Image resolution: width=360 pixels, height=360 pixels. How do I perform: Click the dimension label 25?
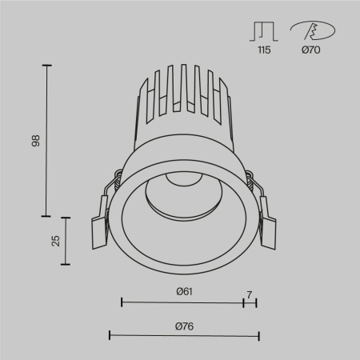tap(55, 240)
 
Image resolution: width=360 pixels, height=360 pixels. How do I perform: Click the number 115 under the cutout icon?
tap(262, 50)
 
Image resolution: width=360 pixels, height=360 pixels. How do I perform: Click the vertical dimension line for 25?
tap(66, 240)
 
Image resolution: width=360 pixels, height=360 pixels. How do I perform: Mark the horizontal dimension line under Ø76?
tap(183, 335)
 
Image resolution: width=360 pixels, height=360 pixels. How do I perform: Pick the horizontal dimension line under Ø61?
tap(182, 302)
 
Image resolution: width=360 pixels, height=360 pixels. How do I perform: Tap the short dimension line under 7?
tap(250, 302)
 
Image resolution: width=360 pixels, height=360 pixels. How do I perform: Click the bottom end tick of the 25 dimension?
tap(66, 264)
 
